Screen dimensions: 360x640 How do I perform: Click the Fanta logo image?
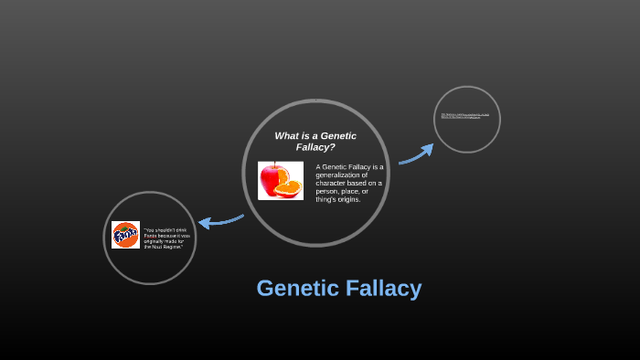pos(125,235)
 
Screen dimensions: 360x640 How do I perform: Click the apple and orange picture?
pos(281,180)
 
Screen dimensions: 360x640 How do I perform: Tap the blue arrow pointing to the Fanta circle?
pos(219,221)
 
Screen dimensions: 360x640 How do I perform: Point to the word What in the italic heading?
pos(287,135)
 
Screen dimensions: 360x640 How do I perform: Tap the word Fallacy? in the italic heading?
pos(315,146)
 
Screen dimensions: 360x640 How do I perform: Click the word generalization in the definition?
pos(340,175)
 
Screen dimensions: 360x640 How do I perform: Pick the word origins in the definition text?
pos(346,199)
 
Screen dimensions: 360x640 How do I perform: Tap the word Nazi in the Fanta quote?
pos(156,248)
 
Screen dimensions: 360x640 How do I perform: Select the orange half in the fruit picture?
pos(289,188)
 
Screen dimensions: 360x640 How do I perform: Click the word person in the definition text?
pos(326,191)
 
